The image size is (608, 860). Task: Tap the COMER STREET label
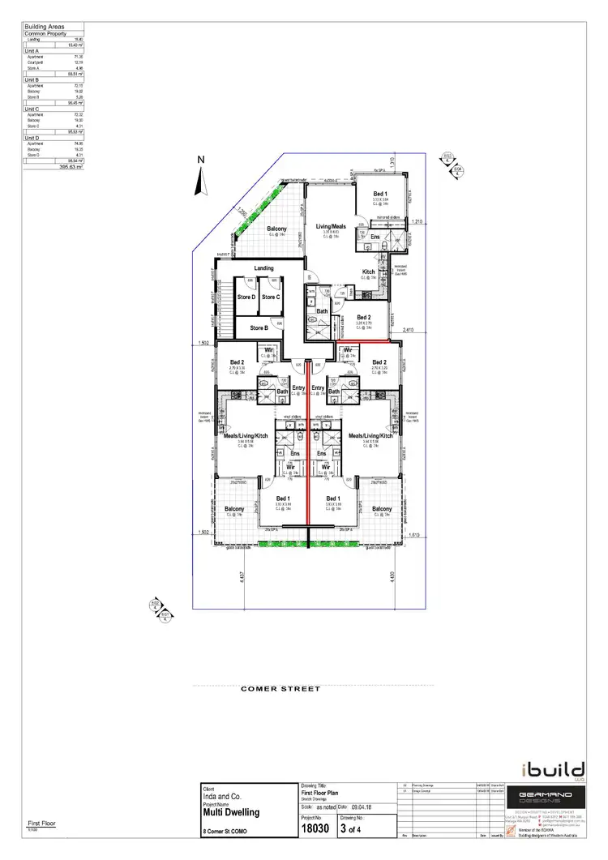pyautogui.click(x=280, y=689)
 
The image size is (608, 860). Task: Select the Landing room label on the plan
pyautogui.click(x=263, y=268)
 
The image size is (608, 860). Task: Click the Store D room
pyautogui.click(x=246, y=297)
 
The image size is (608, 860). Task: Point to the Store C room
pyautogui.click(x=271, y=297)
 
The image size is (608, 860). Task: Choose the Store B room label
pyautogui.click(x=258, y=328)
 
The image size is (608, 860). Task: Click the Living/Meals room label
pyautogui.click(x=331, y=228)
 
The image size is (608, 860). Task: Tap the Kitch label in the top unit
pyautogui.click(x=368, y=272)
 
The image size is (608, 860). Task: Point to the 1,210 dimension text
pyautogui.click(x=417, y=220)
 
